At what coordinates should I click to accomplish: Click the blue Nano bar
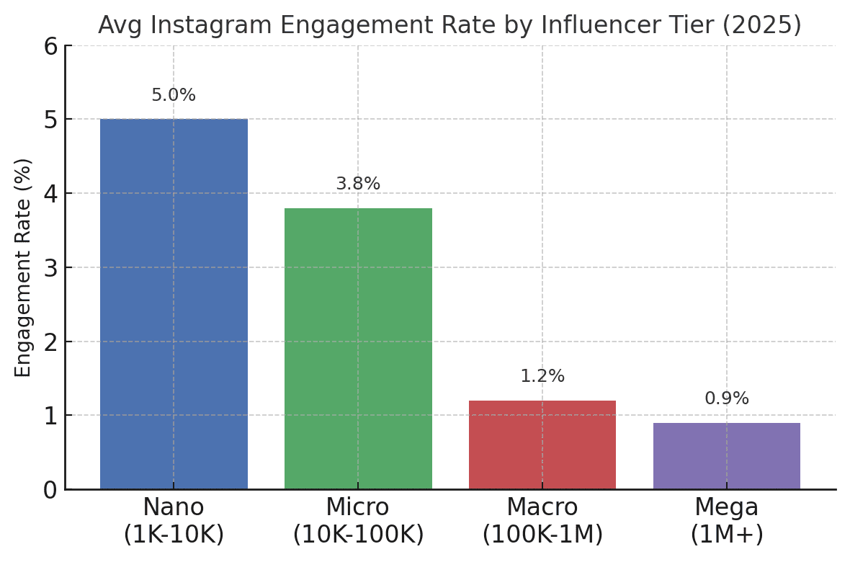tap(174, 303)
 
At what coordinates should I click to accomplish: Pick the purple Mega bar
tap(726, 455)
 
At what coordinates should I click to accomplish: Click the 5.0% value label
tap(174, 96)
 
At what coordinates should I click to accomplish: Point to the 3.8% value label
tap(358, 184)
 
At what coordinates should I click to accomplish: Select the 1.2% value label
tap(542, 377)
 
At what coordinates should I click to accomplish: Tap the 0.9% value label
tap(726, 399)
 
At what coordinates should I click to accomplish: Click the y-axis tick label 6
tap(50, 47)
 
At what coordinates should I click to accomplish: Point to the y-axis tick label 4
tap(50, 194)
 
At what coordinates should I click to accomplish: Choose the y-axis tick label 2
tap(50, 342)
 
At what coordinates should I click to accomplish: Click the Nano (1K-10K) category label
tap(174, 521)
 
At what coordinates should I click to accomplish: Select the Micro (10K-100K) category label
tap(358, 521)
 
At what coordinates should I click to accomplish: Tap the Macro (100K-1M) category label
tap(542, 521)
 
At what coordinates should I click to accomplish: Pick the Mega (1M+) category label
tap(726, 521)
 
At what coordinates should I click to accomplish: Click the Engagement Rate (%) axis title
tap(24, 267)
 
